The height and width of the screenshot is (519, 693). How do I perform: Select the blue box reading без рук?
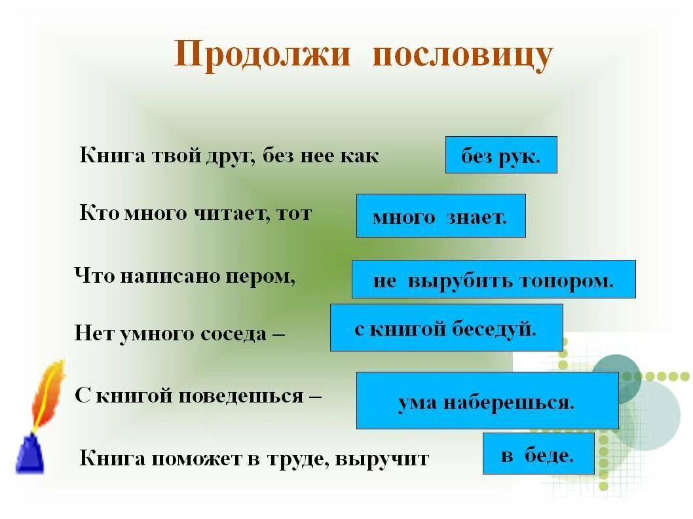(x=501, y=155)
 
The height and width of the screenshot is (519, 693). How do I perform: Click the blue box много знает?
(x=441, y=215)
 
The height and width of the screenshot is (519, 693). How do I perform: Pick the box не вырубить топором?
(x=493, y=279)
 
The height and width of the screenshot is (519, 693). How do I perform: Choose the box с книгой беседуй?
(x=446, y=327)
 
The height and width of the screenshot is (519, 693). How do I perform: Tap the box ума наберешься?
(x=487, y=401)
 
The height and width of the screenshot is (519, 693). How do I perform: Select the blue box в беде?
(x=538, y=454)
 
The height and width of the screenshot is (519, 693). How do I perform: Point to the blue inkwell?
(x=29, y=452)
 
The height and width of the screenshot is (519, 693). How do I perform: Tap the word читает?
(x=233, y=214)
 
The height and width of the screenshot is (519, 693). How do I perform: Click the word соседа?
(x=235, y=334)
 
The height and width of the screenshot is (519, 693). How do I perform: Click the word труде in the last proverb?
(x=297, y=459)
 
